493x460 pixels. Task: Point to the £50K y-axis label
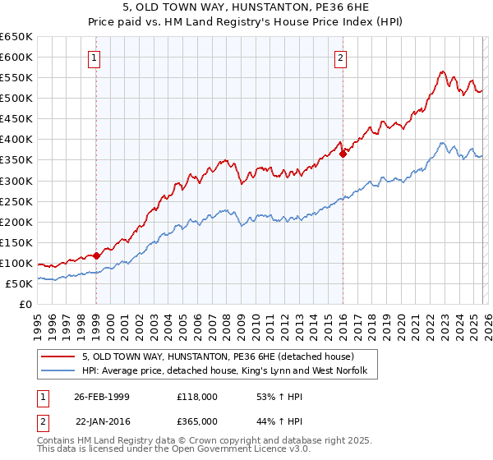pos(19,283)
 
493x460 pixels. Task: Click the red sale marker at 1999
pos(97,255)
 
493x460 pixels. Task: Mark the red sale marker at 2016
pos(343,153)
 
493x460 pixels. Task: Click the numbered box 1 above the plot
pos(96,57)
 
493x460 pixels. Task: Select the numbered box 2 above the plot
pos(340,57)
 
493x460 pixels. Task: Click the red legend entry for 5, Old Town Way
pos(218,357)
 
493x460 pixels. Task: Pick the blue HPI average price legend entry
pos(229,371)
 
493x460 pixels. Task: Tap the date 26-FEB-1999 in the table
pos(101,397)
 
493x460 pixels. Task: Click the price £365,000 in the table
pos(196,421)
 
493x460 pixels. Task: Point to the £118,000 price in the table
pos(196,397)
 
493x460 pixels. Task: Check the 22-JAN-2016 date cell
pos(101,421)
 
